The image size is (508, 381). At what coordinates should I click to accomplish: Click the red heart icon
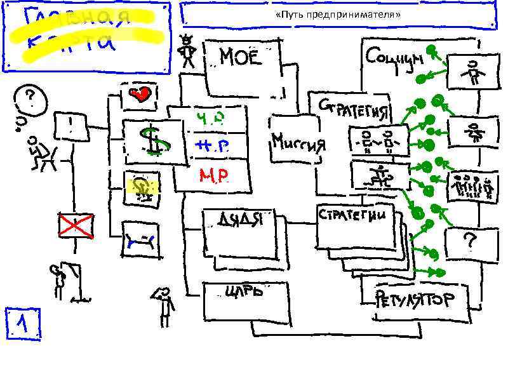pos(141,95)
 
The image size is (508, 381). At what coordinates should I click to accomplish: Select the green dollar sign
pos(152,140)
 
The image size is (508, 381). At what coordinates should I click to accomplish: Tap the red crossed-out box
pos(76,225)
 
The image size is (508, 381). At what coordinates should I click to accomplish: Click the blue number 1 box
pos(23,324)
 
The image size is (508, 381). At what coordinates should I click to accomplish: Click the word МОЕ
pos(240,58)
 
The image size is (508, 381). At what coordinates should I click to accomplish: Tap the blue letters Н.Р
pos(210,147)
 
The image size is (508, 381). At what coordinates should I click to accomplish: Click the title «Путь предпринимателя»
pos(338,14)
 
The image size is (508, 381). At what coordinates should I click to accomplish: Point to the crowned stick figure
pos(187,52)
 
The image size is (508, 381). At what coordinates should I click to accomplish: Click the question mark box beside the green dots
pos(470,241)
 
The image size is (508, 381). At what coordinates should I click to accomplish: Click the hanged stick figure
pos(60,280)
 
